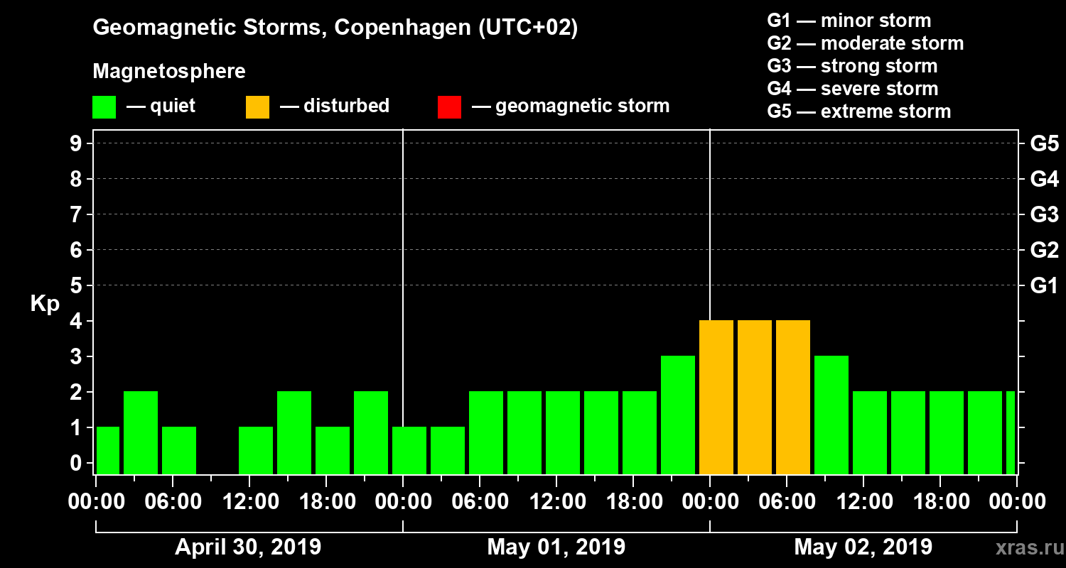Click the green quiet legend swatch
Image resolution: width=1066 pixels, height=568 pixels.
(104, 106)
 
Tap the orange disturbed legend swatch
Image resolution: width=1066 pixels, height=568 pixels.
(257, 106)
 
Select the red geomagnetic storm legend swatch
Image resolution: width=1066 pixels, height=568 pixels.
(449, 106)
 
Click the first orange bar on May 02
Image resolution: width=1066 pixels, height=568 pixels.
(716, 397)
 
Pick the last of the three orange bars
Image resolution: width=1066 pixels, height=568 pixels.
(793, 397)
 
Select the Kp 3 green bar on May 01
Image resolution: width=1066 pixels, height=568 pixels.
(678, 415)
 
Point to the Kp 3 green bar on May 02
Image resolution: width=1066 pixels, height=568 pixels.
(831, 415)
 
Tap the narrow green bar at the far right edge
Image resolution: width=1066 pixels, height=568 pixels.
(1011, 432)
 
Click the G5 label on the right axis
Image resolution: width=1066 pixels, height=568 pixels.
(1044, 144)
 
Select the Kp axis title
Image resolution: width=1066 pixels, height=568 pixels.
(45, 304)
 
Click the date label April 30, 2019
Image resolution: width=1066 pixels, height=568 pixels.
(248, 547)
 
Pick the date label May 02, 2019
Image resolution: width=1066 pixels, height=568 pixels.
(863, 547)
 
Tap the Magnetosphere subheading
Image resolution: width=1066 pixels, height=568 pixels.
(169, 72)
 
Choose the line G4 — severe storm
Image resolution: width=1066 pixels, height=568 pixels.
(853, 89)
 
